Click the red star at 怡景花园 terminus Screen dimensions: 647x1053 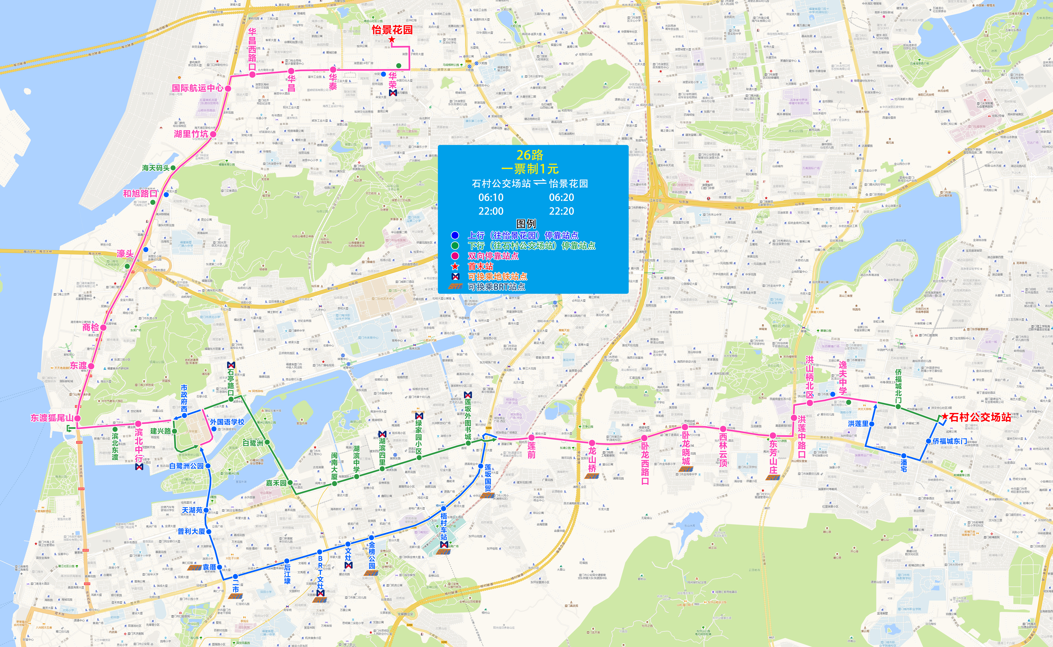click(x=392, y=39)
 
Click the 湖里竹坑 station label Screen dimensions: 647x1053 click(x=191, y=134)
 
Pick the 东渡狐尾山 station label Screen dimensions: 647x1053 click(x=51, y=418)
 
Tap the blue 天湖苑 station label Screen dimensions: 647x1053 click(x=192, y=510)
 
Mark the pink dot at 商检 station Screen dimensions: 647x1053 click(x=103, y=327)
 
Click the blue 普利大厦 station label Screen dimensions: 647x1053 click(x=191, y=531)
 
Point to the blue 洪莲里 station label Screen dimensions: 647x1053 click(x=858, y=424)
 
